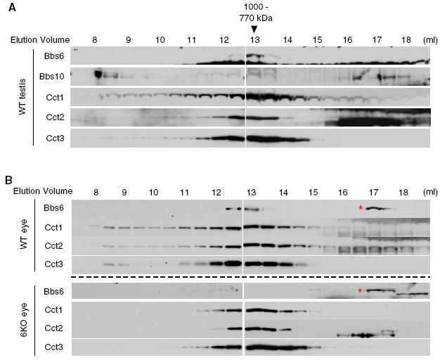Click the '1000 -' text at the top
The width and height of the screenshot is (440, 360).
tap(254, 6)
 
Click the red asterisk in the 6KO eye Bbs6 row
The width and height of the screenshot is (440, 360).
tap(361, 291)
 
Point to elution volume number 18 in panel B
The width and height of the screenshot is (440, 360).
tap(403, 191)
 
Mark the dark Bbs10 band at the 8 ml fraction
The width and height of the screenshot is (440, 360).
tap(98, 74)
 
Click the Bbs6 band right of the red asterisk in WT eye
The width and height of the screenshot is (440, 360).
tap(378, 208)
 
